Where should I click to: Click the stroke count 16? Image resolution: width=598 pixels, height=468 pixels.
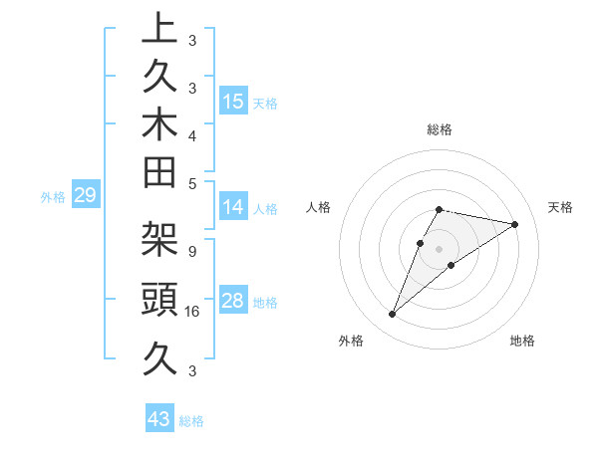(x=193, y=312)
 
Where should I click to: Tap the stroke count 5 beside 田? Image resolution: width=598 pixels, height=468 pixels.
(x=191, y=183)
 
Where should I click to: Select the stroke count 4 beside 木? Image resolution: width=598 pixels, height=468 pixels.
(x=191, y=134)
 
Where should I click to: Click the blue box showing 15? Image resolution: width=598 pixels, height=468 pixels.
(x=233, y=102)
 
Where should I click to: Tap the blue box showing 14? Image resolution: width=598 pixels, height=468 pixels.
(x=233, y=208)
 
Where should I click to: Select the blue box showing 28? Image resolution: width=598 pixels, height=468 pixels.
(x=233, y=301)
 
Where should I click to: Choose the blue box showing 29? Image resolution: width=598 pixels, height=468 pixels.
(x=86, y=196)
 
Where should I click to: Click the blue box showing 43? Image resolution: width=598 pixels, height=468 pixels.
(x=159, y=419)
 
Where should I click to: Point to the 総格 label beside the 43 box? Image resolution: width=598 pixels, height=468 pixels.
(x=191, y=421)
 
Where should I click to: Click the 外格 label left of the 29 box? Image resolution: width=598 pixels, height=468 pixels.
(x=53, y=197)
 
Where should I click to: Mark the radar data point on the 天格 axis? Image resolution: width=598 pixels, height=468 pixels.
(x=514, y=224)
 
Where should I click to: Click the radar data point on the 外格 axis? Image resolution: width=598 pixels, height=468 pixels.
(x=392, y=315)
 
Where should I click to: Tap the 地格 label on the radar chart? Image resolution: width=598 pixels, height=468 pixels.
(x=522, y=342)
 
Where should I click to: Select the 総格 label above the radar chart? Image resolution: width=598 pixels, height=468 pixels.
(x=440, y=129)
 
